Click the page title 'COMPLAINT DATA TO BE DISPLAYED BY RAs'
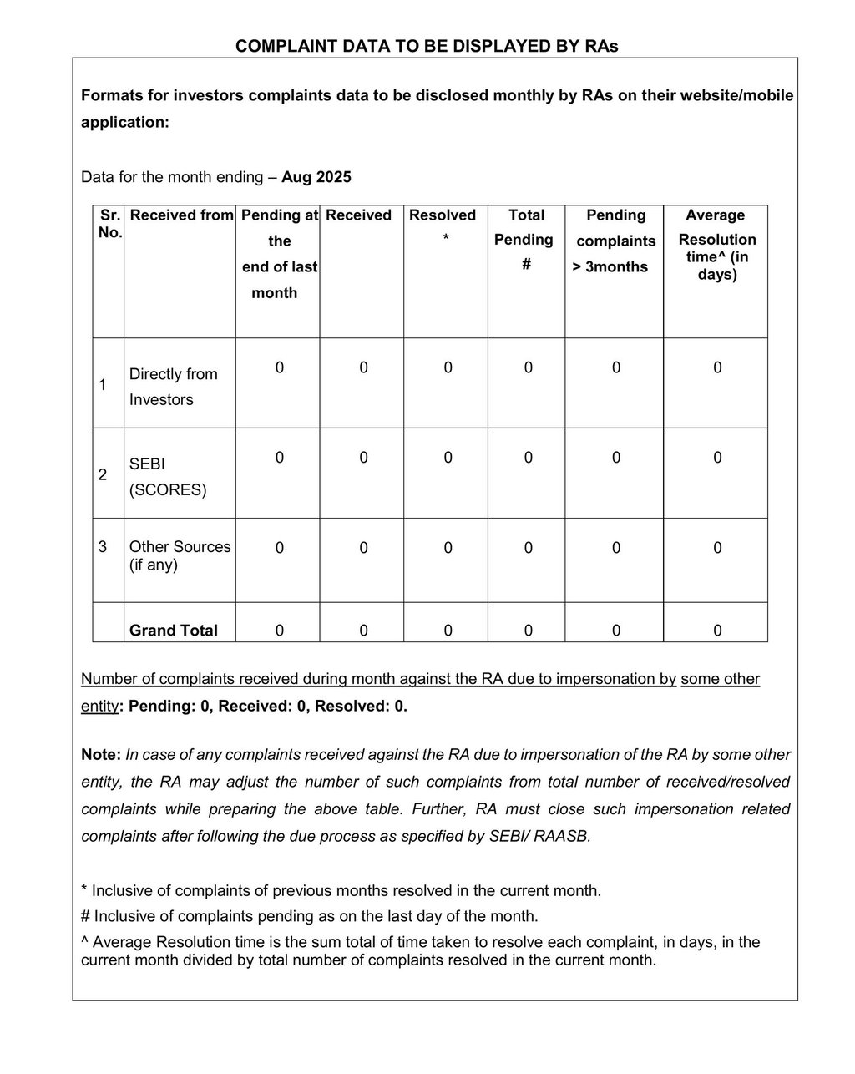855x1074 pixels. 427,46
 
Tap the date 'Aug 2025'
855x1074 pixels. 316,177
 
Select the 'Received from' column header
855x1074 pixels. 181,215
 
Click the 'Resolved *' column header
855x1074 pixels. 443,226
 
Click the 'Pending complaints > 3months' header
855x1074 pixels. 615,241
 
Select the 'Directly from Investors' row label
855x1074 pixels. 173,387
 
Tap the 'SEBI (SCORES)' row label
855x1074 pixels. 167,476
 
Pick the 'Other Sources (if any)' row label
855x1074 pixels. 180,555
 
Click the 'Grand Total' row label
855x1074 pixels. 173,631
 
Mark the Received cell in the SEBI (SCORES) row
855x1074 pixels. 363,458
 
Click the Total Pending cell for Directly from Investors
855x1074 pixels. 528,367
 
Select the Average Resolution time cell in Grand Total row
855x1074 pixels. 717,631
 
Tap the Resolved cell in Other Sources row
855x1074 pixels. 448,548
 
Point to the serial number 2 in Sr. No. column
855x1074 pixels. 103,474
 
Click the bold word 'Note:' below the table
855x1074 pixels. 101,755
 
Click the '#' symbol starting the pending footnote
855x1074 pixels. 85,916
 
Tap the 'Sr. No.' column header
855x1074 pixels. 109,224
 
